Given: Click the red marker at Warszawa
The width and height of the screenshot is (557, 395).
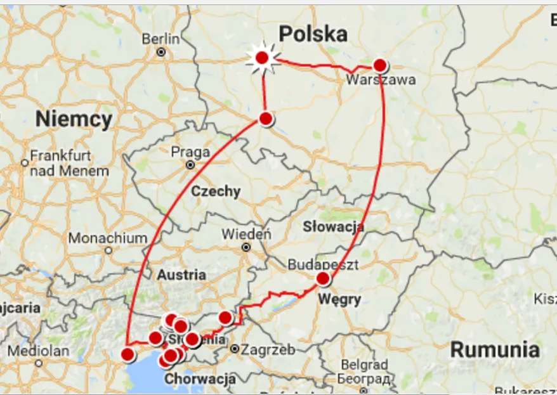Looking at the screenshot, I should coord(379,65).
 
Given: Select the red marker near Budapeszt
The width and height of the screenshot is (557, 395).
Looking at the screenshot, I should coord(323,278).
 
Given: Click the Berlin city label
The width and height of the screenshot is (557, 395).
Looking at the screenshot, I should coord(161,39).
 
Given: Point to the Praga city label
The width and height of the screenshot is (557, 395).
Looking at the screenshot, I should coord(190,153).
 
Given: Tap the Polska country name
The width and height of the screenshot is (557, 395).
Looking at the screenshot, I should coord(313,34).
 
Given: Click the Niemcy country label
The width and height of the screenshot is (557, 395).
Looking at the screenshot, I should coord(74,119).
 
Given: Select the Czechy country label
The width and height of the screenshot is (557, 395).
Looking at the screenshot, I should coord(216,191).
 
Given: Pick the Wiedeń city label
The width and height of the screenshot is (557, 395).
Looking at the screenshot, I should coord(246,235).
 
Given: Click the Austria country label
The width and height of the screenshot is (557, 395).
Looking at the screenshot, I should coord(181,275).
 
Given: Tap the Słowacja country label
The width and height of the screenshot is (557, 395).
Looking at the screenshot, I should coord(333,226).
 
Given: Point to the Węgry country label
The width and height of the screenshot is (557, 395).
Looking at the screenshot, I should coord(341,299).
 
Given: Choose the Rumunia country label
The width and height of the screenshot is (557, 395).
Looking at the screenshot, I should coord(495,349).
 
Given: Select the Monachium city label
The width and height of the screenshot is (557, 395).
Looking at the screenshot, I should coord(108,238).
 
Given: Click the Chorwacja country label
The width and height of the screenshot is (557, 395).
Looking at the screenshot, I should coord(200,379).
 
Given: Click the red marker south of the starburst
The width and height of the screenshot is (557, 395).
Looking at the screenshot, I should coord(266,119).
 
